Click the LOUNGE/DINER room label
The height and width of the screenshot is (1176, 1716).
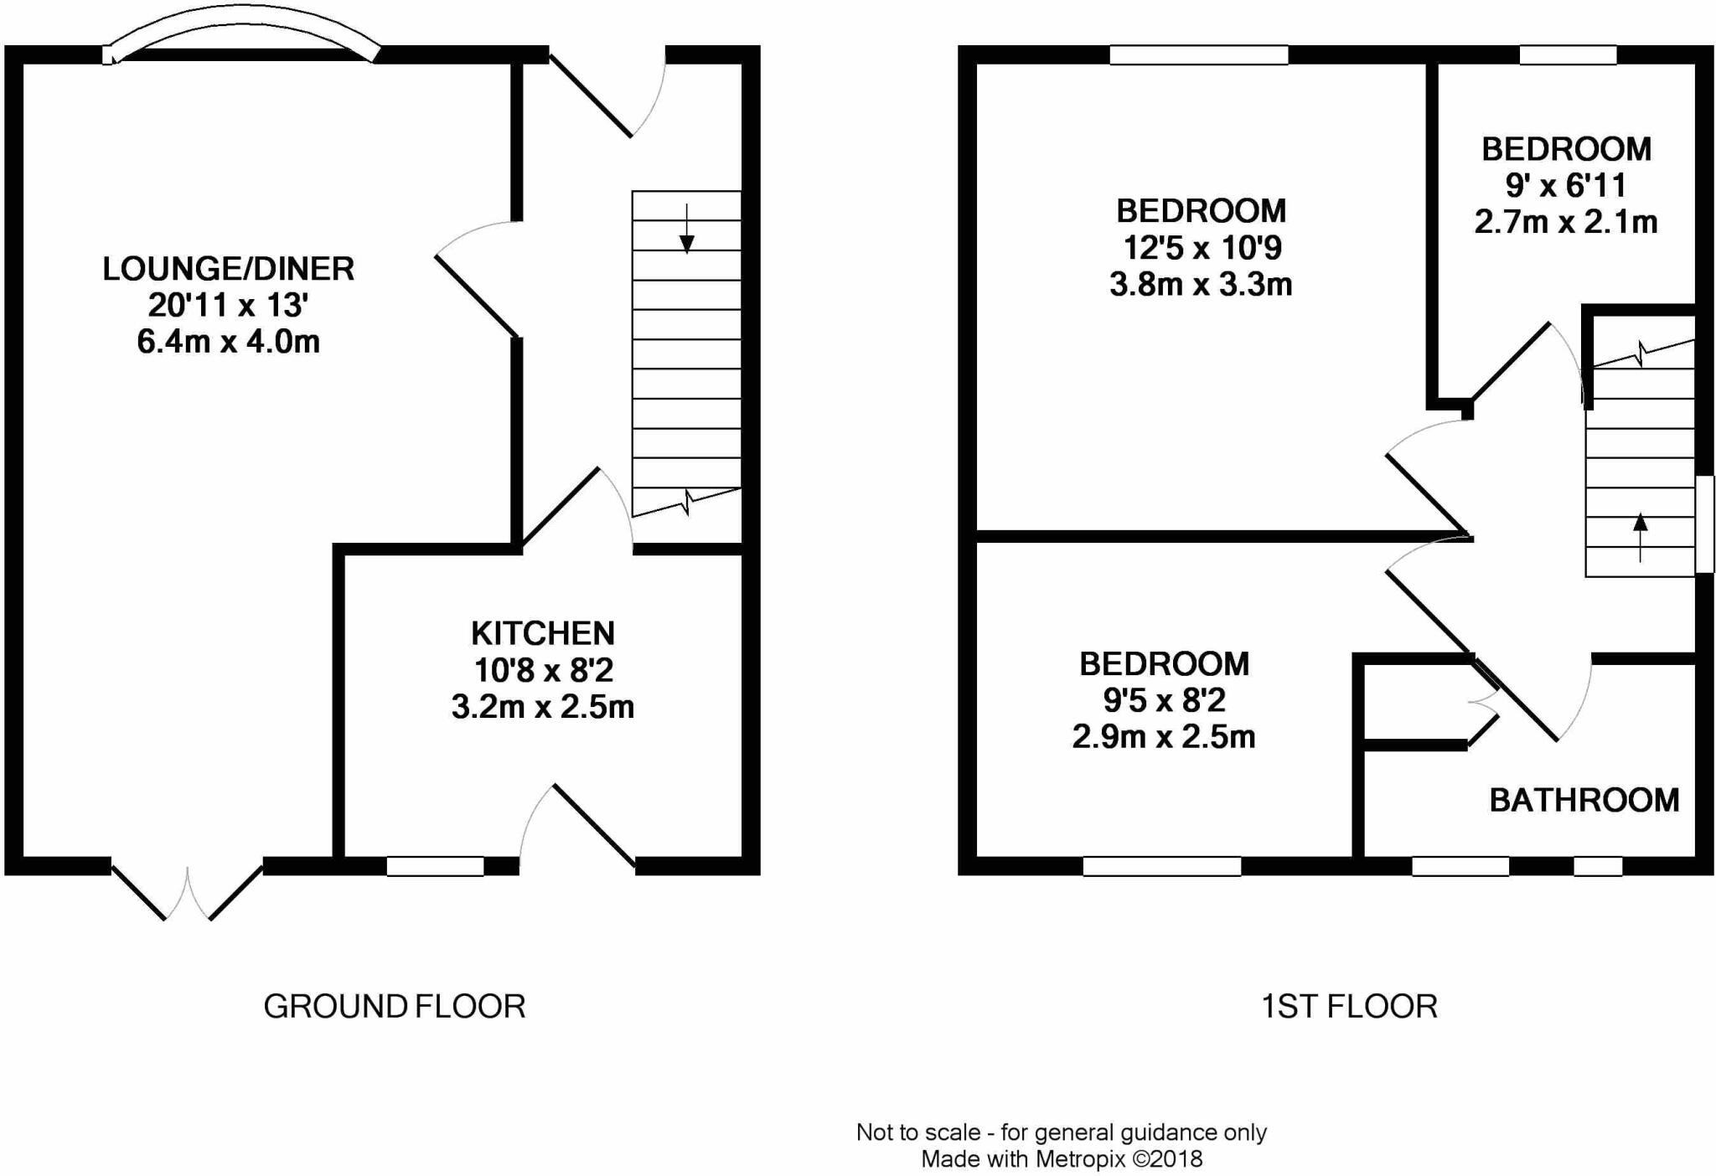coord(228,269)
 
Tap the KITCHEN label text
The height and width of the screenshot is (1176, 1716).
coord(543,633)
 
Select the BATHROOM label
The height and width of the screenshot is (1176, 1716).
coord(1584,801)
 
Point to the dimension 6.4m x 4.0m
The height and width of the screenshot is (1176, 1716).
coord(228,342)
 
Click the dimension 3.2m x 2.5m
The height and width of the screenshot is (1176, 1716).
coord(543,708)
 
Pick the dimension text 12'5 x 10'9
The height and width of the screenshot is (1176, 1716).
coord(1201,248)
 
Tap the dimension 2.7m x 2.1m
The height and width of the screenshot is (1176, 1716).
coord(1565,222)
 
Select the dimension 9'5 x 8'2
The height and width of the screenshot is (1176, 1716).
coord(1164,700)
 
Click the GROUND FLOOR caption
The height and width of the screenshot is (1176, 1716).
coord(394,1006)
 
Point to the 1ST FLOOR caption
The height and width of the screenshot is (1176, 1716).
coord(1349,1006)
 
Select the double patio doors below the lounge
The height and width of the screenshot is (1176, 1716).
coord(188,892)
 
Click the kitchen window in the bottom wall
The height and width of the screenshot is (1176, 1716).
coord(435,866)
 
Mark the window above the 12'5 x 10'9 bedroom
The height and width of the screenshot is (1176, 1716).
coord(1198,55)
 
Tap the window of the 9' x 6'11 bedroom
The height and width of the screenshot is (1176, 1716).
coord(1568,55)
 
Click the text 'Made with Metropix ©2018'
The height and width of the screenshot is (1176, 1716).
coord(1062,1159)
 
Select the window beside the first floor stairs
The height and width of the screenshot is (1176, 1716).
coord(1705,524)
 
